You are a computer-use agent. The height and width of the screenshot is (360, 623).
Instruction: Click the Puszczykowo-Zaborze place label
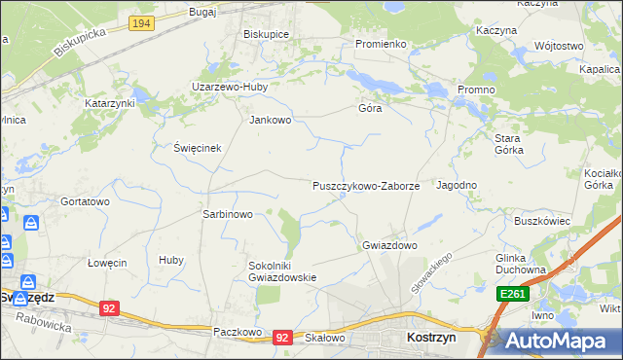[x=365, y=185]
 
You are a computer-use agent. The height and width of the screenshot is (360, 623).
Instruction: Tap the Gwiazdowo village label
[x=389, y=245]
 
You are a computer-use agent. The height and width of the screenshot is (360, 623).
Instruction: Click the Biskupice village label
[x=267, y=32]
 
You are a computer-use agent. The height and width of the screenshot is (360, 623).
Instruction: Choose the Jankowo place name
[x=271, y=121]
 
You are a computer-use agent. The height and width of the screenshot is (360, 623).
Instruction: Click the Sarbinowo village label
[x=227, y=214]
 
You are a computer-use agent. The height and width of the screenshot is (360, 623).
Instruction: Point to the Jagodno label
[x=457, y=185]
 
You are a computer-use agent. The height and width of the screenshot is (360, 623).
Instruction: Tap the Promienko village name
[x=380, y=44]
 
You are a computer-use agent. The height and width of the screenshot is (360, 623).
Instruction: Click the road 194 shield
[x=141, y=21]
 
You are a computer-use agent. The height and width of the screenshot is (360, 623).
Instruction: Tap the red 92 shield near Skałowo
[x=282, y=337]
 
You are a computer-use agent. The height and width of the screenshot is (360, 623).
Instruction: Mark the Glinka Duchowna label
[x=530, y=265]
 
